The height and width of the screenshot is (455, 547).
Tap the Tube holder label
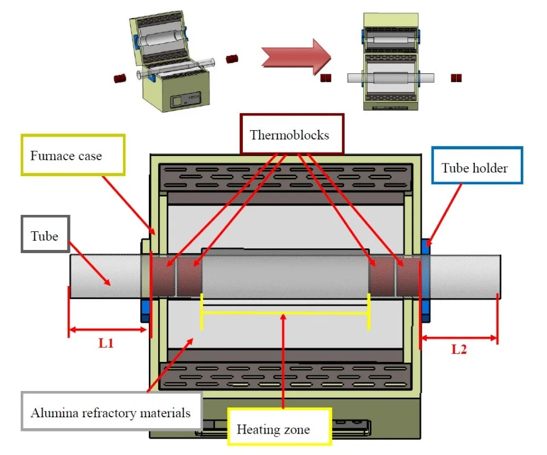(x=476, y=168)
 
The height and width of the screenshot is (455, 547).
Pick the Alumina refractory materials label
(x=111, y=412)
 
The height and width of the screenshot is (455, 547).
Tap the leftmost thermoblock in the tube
(x=164, y=276)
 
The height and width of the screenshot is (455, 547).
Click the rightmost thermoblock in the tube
(x=408, y=276)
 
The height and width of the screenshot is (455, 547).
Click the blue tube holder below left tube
(x=145, y=310)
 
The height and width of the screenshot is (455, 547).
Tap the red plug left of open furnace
(x=120, y=79)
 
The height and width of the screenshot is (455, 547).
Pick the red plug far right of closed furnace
(x=457, y=78)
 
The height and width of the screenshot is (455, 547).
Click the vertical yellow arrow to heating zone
(x=283, y=361)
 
